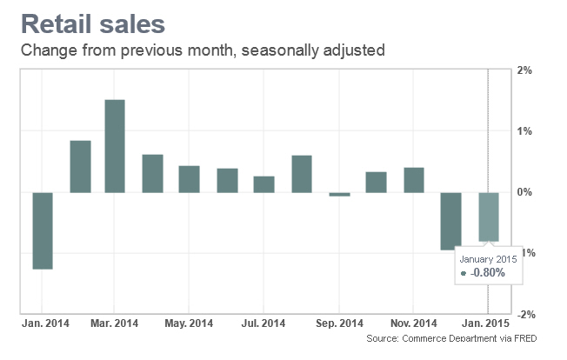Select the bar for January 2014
tap(43, 230)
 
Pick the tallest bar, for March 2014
tap(115, 145)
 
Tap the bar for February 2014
tap(80, 165)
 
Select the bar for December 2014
tap(450, 221)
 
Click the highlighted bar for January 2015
tap(489, 217)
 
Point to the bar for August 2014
tap(302, 173)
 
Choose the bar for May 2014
tap(190, 178)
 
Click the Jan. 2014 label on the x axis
tap(43, 324)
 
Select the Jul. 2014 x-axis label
tap(264, 324)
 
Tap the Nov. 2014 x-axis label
tap(413, 324)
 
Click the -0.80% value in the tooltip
tap(488, 273)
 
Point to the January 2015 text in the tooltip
tap(490, 258)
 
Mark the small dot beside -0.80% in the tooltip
tap(464, 274)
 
